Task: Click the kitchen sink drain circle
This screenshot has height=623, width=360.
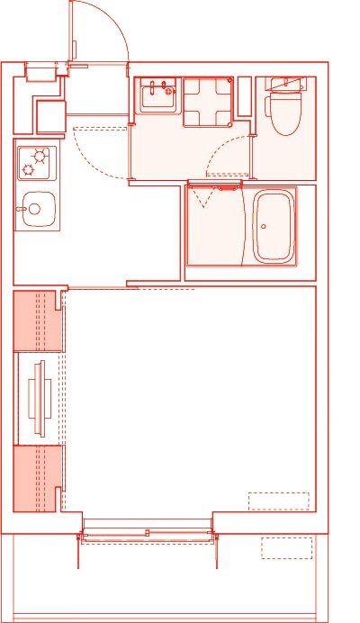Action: [34, 209]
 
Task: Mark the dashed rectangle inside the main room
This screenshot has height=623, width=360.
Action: [278, 501]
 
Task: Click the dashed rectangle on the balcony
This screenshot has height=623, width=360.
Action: [287, 546]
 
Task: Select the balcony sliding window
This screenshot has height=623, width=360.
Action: [148, 535]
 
